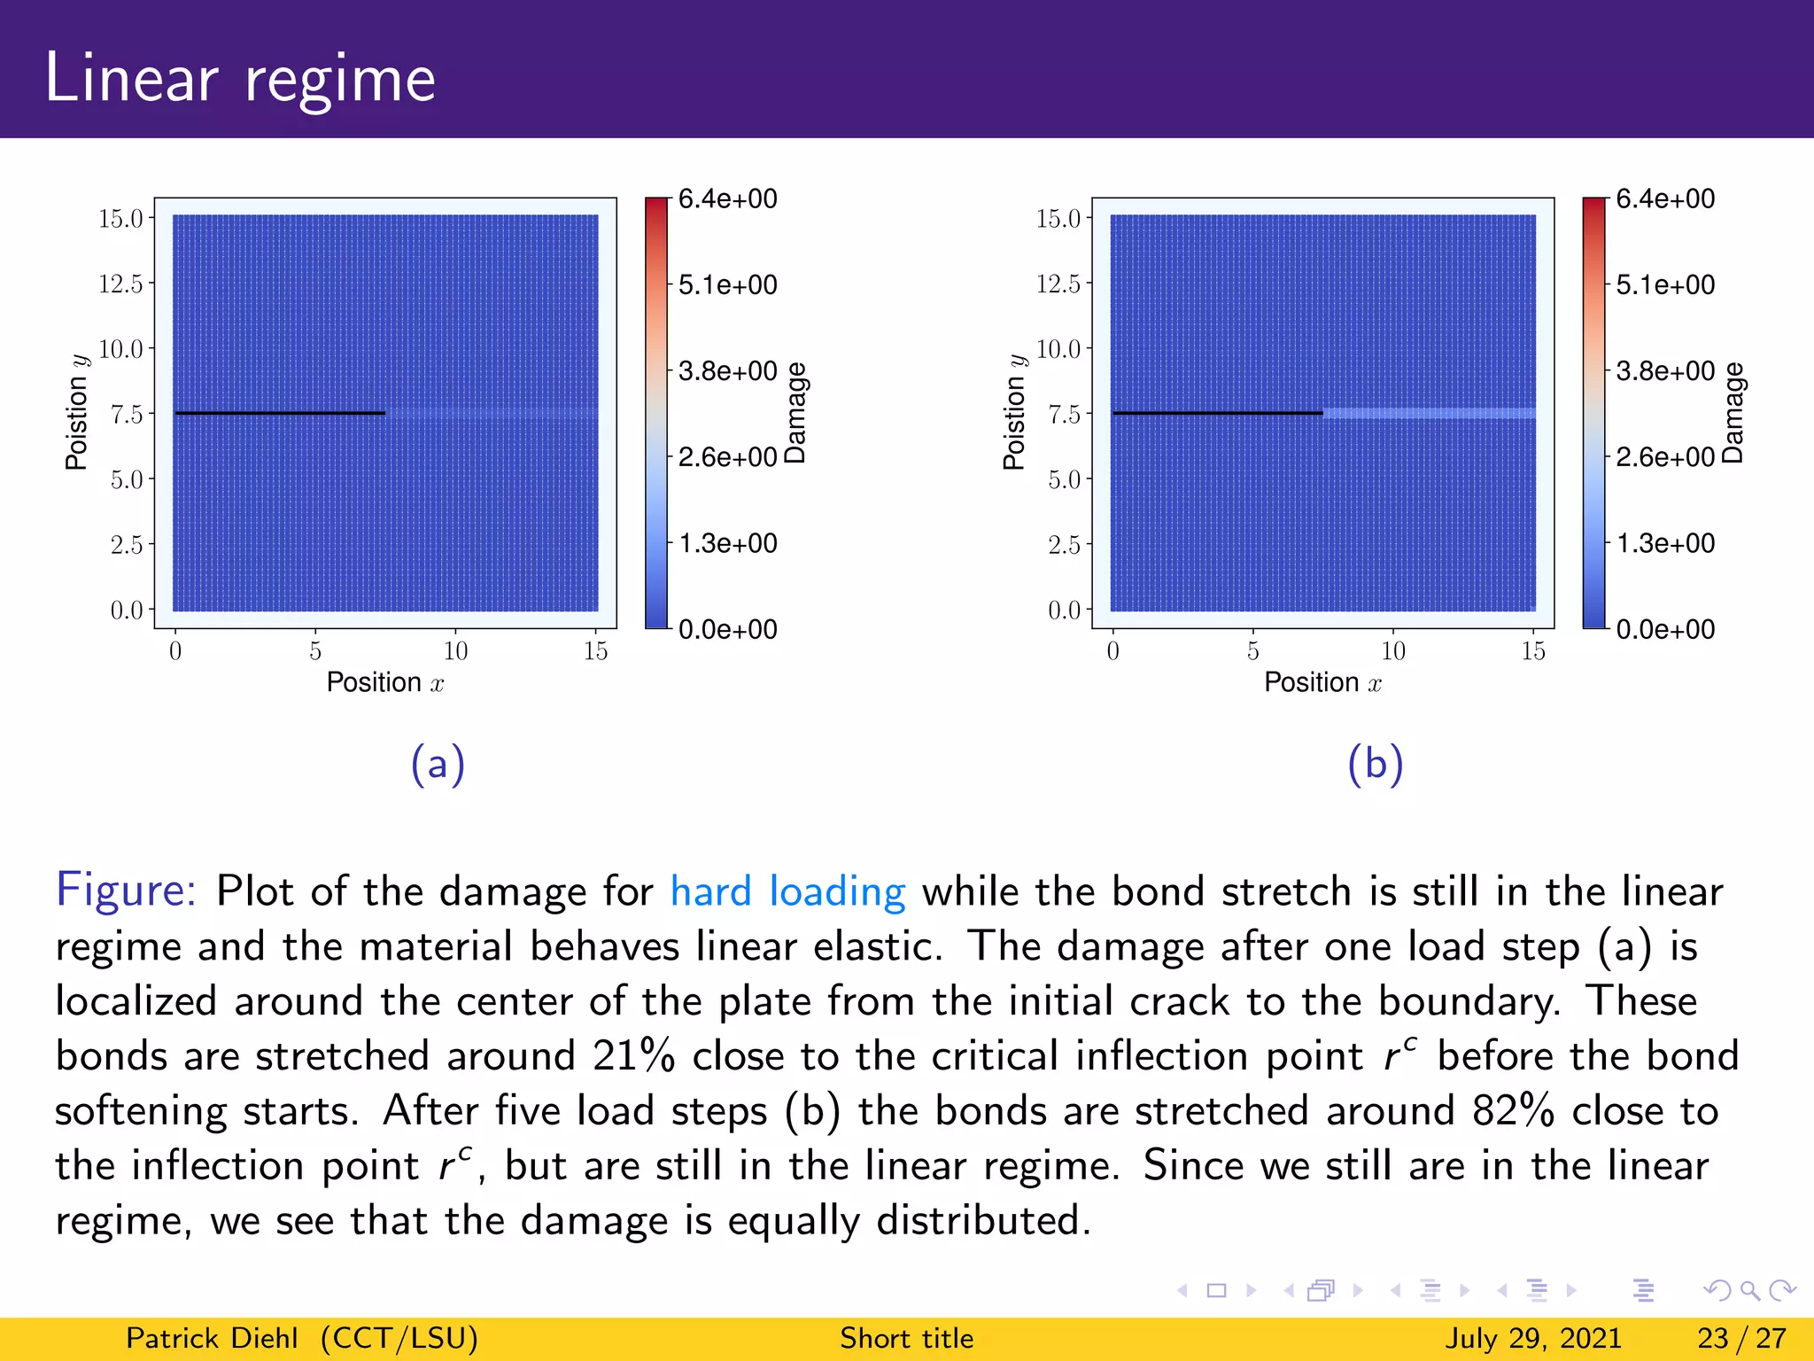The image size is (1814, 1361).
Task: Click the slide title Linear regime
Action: click(x=240, y=78)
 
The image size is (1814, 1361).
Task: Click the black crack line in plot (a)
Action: click(x=280, y=413)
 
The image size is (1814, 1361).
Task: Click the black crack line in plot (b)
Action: click(x=1217, y=413)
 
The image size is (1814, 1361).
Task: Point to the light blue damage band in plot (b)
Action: click(x=1429, y=413)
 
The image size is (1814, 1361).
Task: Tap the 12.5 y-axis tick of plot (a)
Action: click(x=120, y=284)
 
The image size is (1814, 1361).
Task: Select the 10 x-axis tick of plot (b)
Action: click(x=1392, y=651)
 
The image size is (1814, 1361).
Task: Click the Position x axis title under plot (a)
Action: click(x=384, y=682)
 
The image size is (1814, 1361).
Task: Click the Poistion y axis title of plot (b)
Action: click(x=1013, y=413)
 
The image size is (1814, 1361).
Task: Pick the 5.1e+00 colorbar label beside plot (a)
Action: click(x=727, y=284)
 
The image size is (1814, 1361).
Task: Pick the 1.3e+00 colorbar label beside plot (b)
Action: click(x=1665, y=542)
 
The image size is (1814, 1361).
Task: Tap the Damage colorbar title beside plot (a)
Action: click(x=795, y=413)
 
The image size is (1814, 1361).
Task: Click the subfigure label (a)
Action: click(x=438, y=764)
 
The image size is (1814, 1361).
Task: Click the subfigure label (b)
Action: click(x=1375, y=764)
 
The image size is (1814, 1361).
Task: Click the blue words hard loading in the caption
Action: click(x=787, y=891)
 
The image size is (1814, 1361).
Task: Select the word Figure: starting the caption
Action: click(x=126, y=890)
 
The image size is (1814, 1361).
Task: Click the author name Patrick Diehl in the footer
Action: click(x=212, y=1338)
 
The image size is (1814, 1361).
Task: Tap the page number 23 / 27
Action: click(x=1740, y=1338)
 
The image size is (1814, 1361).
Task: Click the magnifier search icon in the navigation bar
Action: click(x=1749, y=1290)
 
